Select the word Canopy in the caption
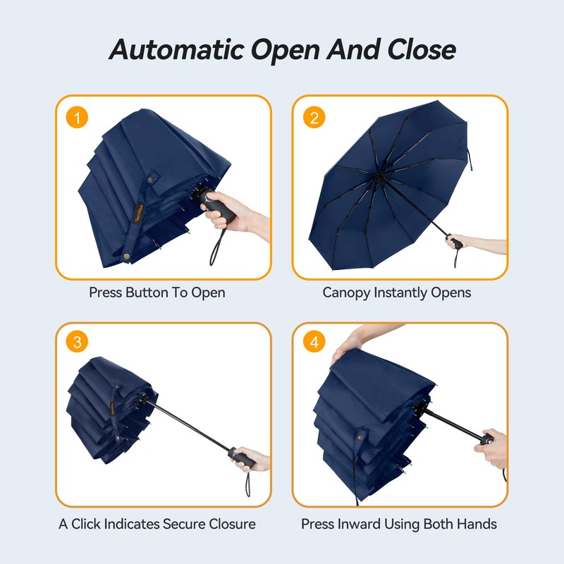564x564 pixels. [347, 292]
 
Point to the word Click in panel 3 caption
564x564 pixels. [88, 524]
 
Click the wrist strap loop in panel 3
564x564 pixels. [249, 487]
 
